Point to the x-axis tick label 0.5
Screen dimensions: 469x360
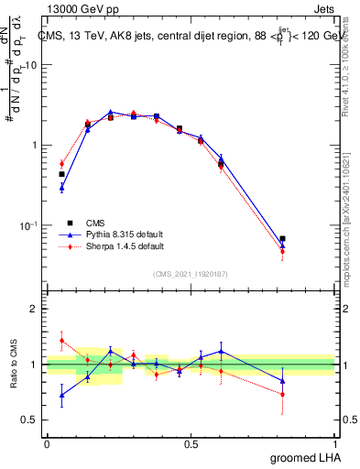pos(191,443)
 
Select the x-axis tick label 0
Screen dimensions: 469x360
pos(47,443)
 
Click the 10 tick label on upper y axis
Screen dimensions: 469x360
pos(31,65)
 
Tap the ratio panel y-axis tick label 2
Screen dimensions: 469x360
pos(35,310)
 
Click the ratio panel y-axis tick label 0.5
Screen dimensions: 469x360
pos(30,420)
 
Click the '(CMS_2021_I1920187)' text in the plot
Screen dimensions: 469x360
pos(191,273)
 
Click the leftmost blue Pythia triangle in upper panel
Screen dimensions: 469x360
pos(61,188)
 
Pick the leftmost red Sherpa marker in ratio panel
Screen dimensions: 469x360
pos(61,341)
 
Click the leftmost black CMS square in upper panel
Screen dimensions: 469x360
pos(61,174)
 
